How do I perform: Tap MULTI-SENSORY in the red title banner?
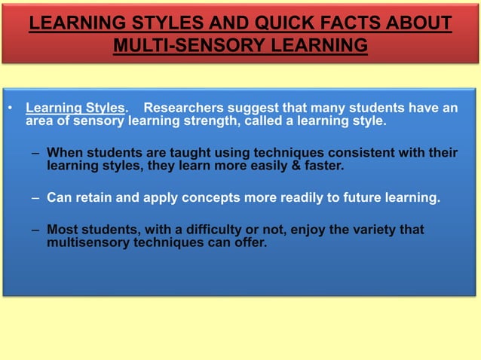[179, 47]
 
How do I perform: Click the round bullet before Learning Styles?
[11, 108]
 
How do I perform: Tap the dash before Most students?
[36, 230]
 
